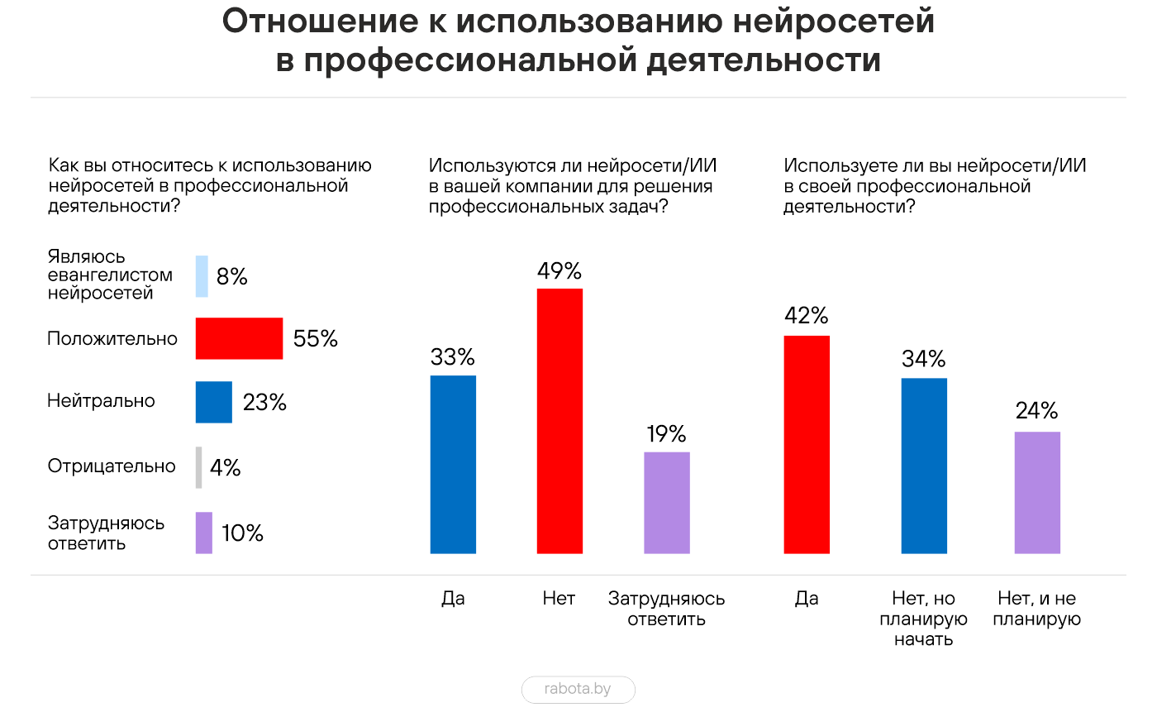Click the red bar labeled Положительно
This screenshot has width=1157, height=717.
pos(239,338)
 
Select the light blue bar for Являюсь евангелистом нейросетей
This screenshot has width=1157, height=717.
pos(202,276)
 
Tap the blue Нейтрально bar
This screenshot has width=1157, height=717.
pos(213,402)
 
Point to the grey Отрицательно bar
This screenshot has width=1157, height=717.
pos(198,467)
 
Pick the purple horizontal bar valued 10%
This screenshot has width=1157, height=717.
pos(203,533)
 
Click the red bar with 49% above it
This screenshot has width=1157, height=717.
pos(559,420)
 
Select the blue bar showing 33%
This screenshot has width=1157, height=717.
pos(453,464)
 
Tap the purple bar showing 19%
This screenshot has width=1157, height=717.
pos(666,502)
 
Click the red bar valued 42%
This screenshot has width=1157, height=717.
pos(806,444)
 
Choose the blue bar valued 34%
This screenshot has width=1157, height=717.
pos(924,466)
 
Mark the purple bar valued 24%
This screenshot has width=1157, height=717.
pos(1036,492)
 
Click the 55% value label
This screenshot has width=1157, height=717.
pos(316,339)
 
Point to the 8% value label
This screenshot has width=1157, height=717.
pos(232,277)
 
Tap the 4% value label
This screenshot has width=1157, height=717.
pos(225,468)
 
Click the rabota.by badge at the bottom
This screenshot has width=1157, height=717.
pos(578,689)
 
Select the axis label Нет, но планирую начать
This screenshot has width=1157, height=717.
pos(924,619)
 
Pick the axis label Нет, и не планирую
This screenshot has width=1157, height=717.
pos(1036,609)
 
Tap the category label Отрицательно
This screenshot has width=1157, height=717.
pos(112,466)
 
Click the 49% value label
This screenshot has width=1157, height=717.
pos(559,271)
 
